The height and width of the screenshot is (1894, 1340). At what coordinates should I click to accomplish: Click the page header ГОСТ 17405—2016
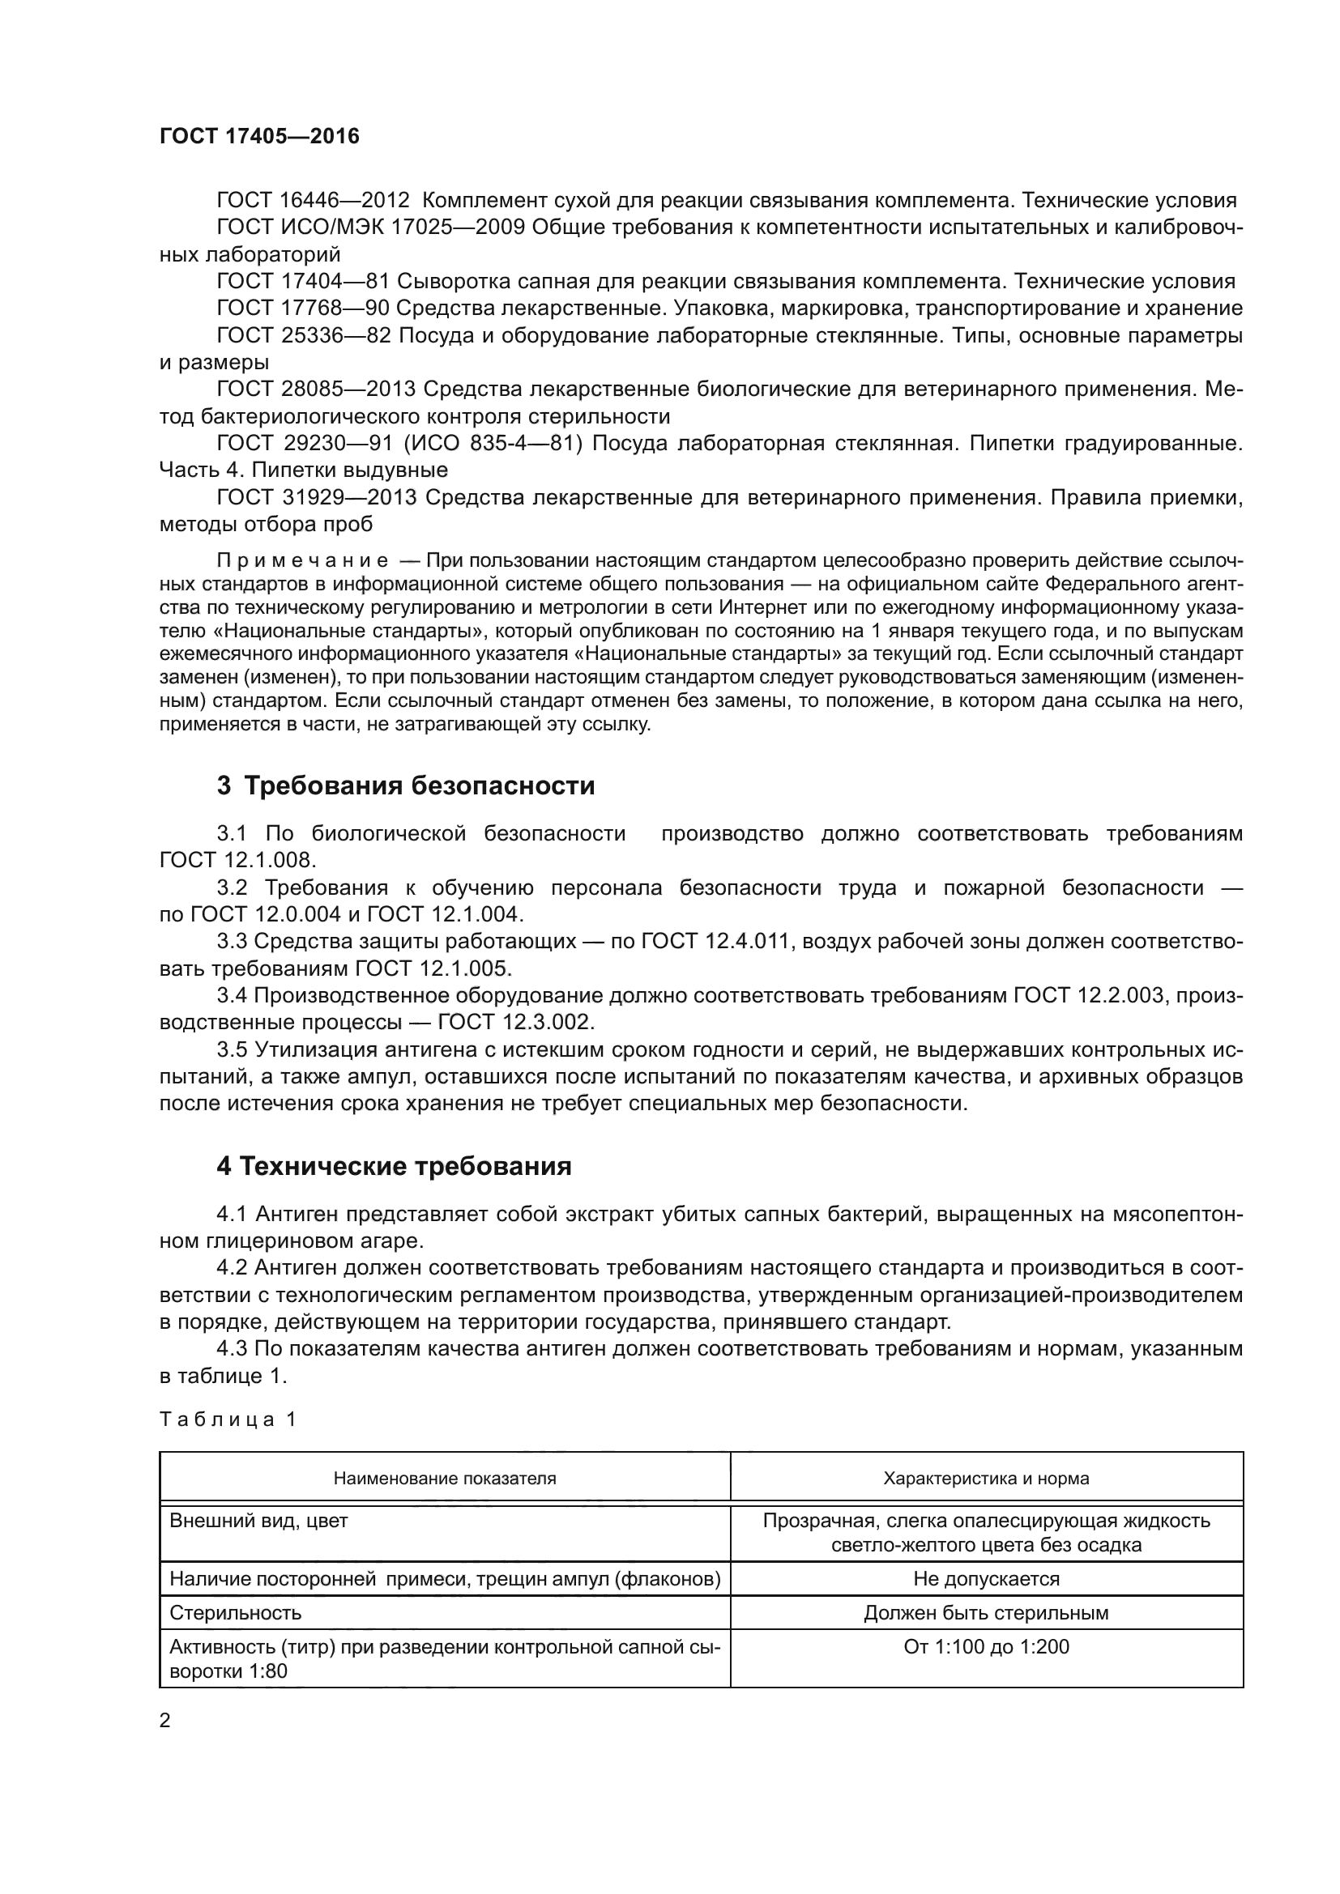(x=259, y=136)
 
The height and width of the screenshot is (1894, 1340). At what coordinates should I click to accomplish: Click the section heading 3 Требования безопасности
(x=405, y=785)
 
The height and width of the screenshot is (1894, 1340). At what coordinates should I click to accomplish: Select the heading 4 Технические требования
(x=394, y=1165)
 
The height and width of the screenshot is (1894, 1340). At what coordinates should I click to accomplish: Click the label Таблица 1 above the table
(x=228, y=1419)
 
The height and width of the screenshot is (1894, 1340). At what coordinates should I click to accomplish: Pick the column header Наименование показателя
(x=445, y=1478)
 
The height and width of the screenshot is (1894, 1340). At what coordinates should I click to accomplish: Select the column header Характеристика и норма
(x=986, y=1478)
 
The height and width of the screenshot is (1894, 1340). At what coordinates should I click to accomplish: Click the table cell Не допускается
(x=986, y=1578)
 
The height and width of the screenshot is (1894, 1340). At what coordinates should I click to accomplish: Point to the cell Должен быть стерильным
(x=986, y=1612)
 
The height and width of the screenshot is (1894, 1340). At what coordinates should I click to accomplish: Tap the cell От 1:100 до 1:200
(x=986, y=1646)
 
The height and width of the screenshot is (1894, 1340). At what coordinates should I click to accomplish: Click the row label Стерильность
(x=235, y=1612)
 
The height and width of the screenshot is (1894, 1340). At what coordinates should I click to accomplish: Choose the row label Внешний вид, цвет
(x=258, y=1521)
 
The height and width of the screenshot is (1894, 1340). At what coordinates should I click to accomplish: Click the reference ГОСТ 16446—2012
(x=313, y=201)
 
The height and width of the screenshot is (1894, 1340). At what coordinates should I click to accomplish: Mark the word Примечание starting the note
(x=302, y=562)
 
